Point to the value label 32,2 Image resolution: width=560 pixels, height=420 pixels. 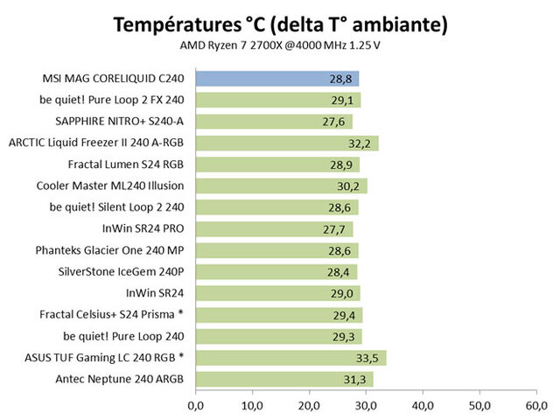(x=361, y=143)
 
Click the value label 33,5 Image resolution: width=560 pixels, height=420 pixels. (x=368, y=357)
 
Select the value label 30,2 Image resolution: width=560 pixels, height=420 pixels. (x=350, y=185)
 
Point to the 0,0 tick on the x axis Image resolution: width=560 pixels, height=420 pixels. (x=196, y=404)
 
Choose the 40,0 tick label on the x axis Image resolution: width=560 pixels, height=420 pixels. (x=423, y=404)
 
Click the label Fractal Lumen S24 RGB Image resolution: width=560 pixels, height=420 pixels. (x=127, y=164)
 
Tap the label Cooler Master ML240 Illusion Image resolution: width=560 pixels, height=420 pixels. (x=111, y=185)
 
